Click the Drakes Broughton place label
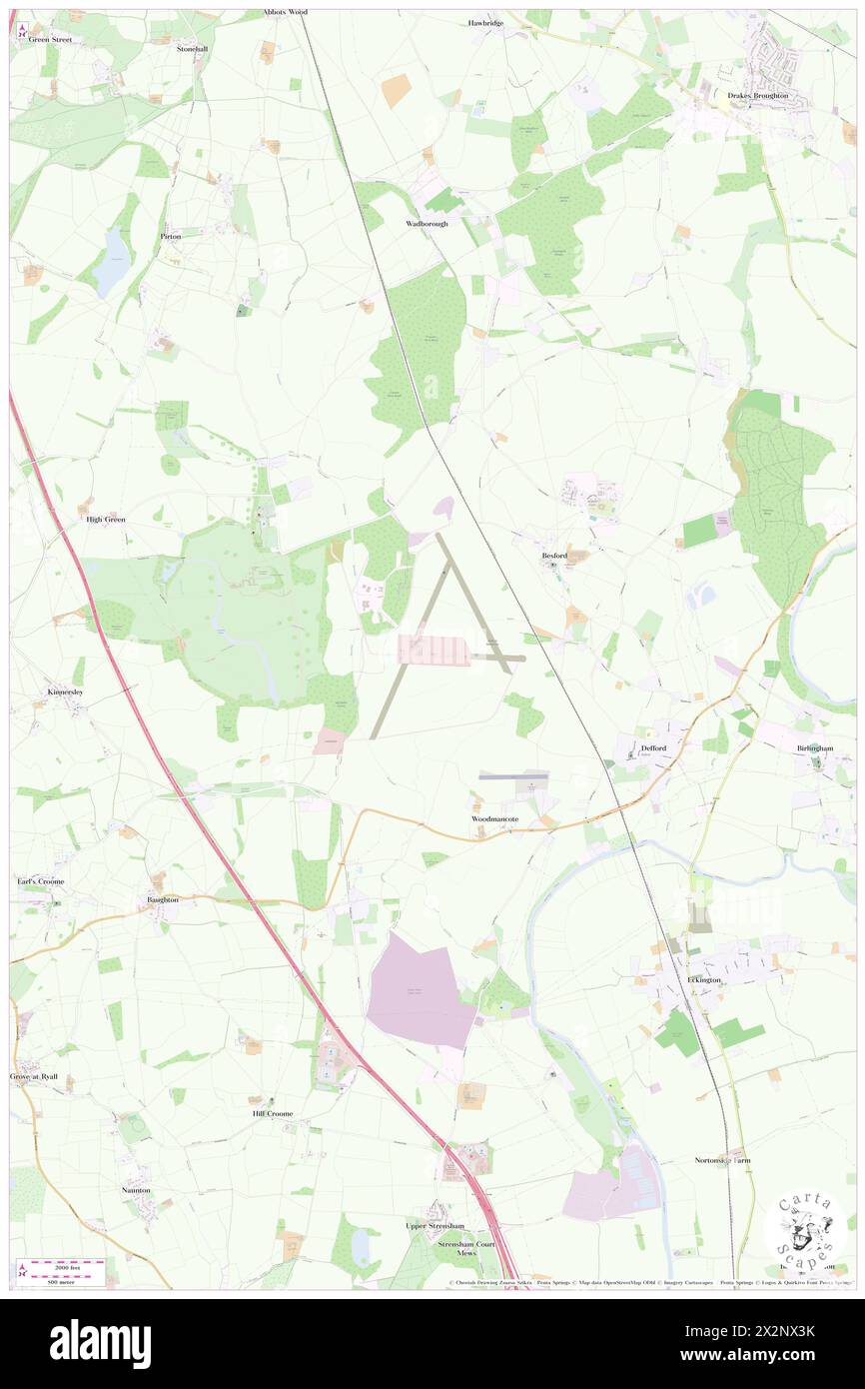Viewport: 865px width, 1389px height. click(757, 95)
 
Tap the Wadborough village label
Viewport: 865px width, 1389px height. click(427, 224)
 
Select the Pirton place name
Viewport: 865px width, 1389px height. click(171, 237)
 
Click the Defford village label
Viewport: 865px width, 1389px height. click(653, 747)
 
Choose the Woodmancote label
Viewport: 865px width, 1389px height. click(495, 818)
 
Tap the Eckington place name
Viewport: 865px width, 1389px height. click(704, 980)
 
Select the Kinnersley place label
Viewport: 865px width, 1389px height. click(67, 692)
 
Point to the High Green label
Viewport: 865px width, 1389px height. click(106, 520)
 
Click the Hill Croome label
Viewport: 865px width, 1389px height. click(273, 1112)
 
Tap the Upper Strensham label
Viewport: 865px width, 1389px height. click(434, 1225)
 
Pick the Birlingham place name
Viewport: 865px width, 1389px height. click(815, 747)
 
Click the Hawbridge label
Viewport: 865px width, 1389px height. click(486, 22)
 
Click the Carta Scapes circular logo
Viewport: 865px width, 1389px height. click(804, 1229)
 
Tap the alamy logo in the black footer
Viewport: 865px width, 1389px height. click(101, 1343)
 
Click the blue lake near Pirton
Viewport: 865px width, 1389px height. click(112, 263)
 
